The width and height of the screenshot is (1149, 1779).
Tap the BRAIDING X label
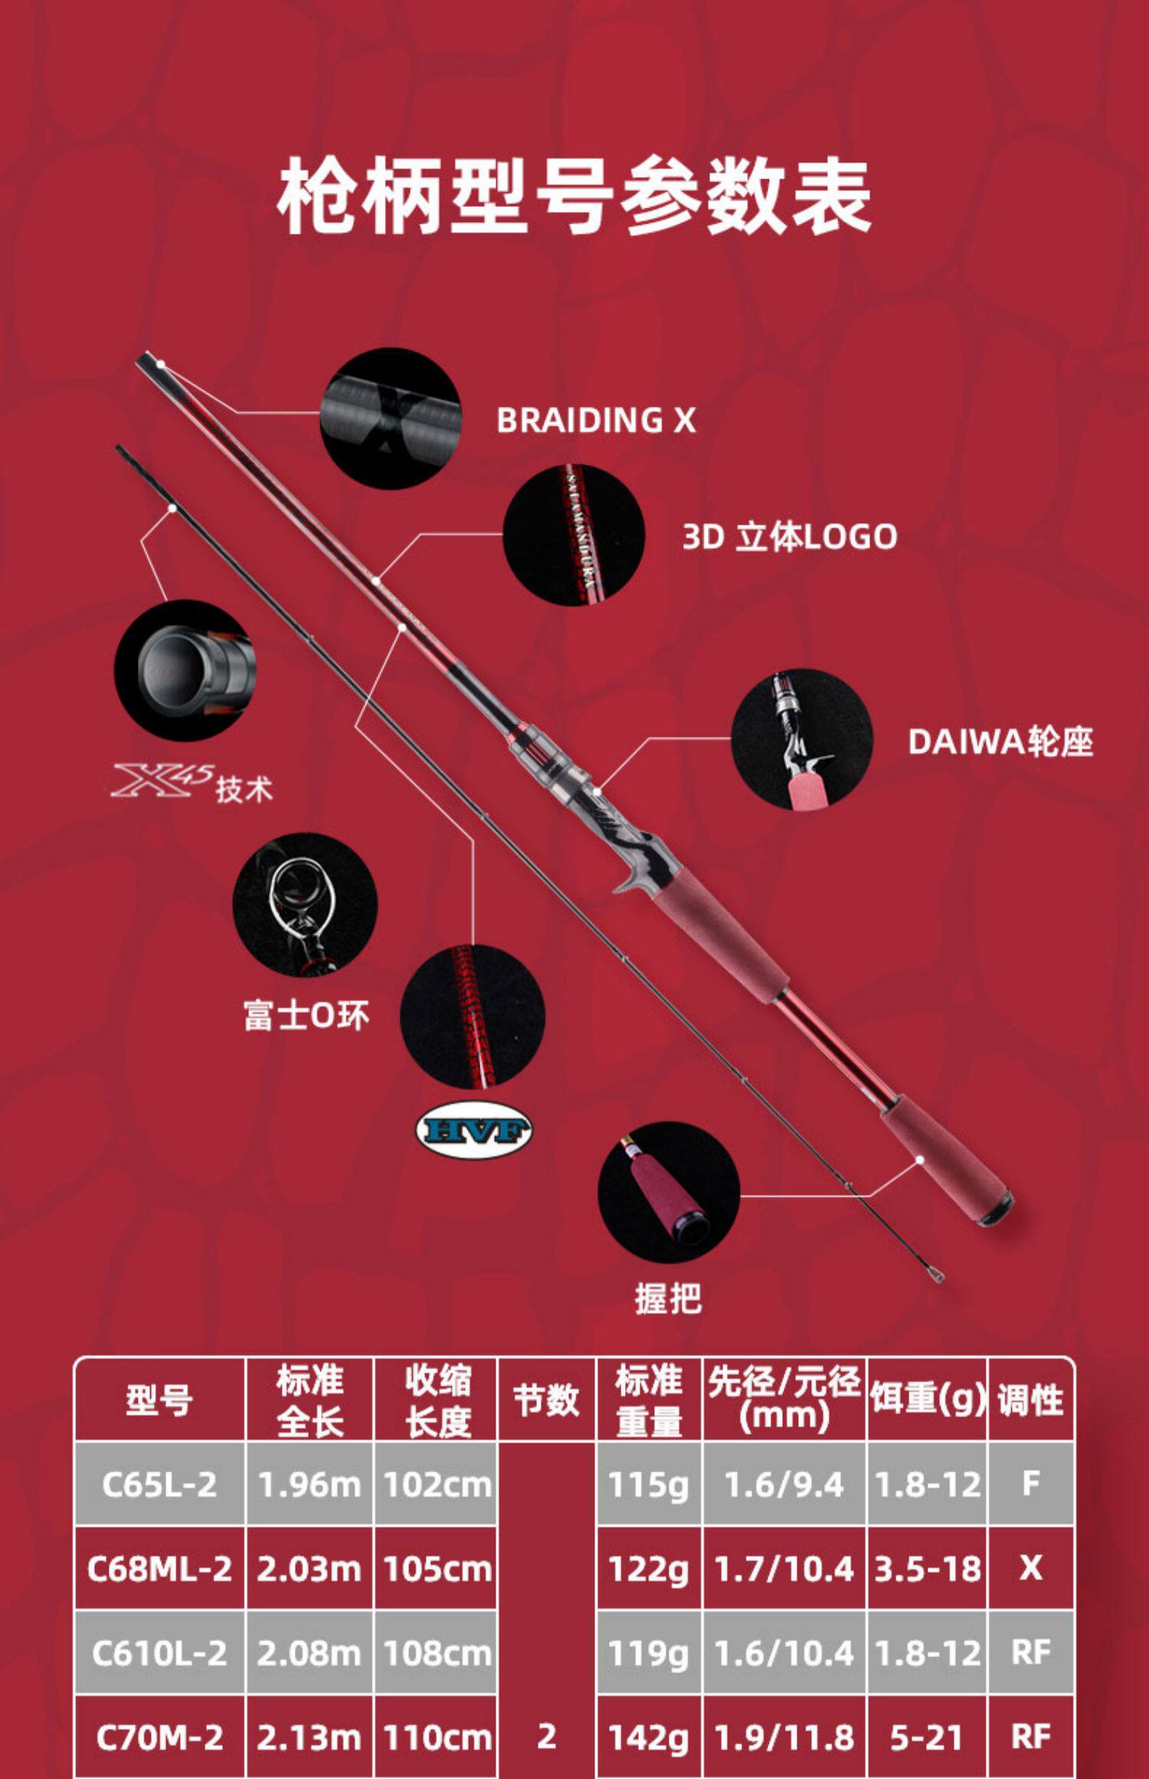click(596, 420)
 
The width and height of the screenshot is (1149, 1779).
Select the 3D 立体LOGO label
click(789, 536)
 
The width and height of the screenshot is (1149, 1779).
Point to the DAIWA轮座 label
click(1000, 742)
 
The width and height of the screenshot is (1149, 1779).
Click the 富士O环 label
click(306, 1016)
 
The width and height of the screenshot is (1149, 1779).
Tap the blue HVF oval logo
click(473, 1130)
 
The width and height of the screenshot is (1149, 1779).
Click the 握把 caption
click(668, 1299)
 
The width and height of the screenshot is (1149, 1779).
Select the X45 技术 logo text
click(191, 783)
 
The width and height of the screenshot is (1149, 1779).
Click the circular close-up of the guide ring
click(305, 904)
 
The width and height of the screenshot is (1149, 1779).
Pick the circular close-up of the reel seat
click(801, 739)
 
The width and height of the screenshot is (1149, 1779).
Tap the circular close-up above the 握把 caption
click(668, 1192)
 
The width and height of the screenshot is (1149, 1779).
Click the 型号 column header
click(159, 1401)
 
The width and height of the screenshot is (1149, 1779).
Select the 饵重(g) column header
click(927, 1399)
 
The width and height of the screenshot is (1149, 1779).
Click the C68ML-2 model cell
click(159, 1568)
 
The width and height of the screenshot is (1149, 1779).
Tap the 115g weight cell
click(649, 1484)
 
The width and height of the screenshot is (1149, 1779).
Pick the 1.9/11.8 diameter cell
click(784, 1737)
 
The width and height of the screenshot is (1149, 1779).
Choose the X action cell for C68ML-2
click(1030, 1568)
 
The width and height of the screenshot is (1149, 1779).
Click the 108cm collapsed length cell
click(437, 1653)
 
